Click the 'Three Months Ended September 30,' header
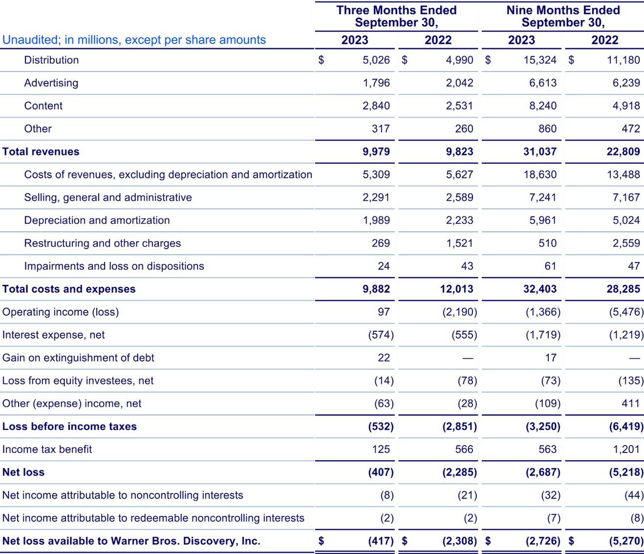(396, 16)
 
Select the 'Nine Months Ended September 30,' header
(563, 16)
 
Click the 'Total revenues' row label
(41, 151)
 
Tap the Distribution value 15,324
(540, 60)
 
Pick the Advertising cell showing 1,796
(376, 83)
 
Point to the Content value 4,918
(626, 106)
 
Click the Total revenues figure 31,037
(540, 151)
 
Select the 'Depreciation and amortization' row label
(97, 220)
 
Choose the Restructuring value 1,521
(459, 243)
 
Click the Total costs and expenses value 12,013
(456, 289)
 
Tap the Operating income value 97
(384, 312)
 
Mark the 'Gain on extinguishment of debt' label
(78, 358)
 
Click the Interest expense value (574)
(381, 335)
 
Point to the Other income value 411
(631, 404)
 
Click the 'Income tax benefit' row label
(47, 449)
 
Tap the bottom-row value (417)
(381, 541)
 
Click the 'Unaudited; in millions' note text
(134, 40)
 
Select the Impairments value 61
(550, 266)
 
